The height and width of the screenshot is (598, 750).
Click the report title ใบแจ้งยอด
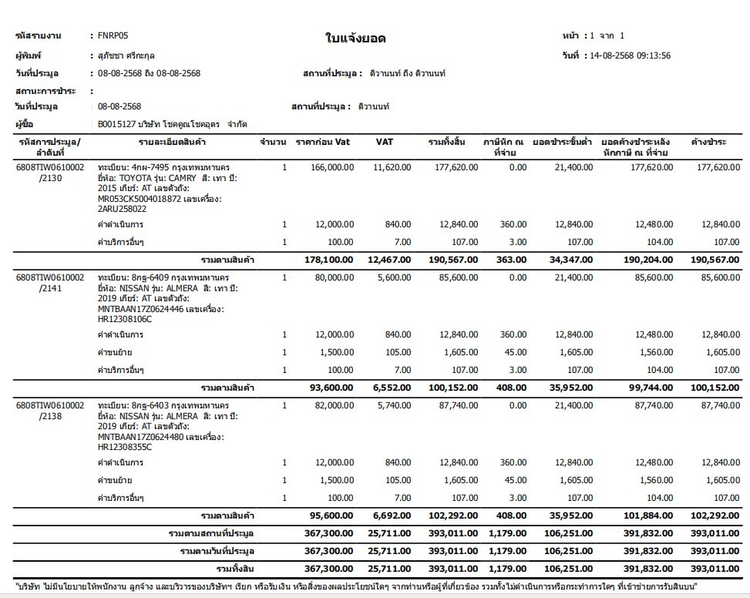pyautogui.click(x=355, y=39)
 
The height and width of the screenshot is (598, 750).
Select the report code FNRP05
pyautogui.click(x=113, y=35)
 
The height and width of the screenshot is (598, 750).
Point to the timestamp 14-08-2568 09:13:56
pyautogui.click(x=629, y=55)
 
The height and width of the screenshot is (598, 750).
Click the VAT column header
pyautogui.click(x=385, y=142)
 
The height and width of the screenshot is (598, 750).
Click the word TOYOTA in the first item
pyautogui.click(x=140, y=177)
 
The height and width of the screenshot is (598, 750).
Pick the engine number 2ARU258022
pyautogui.click(x=123, y=208)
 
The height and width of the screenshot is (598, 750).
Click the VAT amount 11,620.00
pyautogui.click(x=392, y=166)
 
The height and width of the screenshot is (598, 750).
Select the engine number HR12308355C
pyautogui.click(x=125, y=447)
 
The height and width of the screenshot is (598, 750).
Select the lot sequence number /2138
pyautogui.click(x=52, y=415)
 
